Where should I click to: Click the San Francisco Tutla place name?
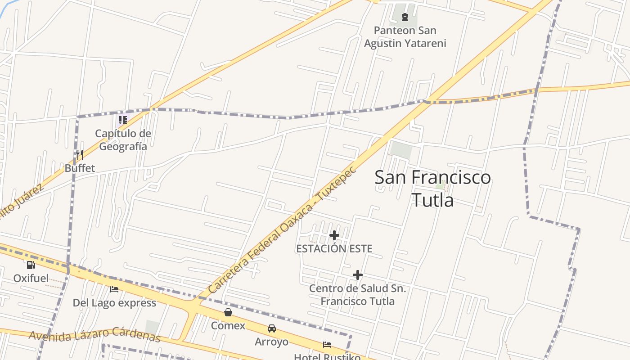point(432,188)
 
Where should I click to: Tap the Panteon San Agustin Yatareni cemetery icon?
point(405,18)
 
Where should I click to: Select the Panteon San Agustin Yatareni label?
point(405,37)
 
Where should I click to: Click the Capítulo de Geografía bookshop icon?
point(122,120)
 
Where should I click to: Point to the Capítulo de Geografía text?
point(123,139)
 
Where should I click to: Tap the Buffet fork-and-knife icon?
point(80,155)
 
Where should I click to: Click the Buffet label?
point(80,168)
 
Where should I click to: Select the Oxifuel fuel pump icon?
point(31,265)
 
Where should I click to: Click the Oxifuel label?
point(31,279)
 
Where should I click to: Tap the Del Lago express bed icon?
point(114,289)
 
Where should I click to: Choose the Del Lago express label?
point(114,303)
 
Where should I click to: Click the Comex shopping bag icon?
point(228,312)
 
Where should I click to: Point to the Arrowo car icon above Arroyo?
point(271,328)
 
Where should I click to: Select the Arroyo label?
point(271,342)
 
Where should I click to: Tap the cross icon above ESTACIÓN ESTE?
point(334,235)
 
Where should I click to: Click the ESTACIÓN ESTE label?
point(334,248)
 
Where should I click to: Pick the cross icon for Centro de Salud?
point(357,274)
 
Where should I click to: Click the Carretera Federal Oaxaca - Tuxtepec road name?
point(283,230)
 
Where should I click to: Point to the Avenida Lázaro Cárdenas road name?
point(94,335)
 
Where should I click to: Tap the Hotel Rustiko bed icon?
point(327,345)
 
